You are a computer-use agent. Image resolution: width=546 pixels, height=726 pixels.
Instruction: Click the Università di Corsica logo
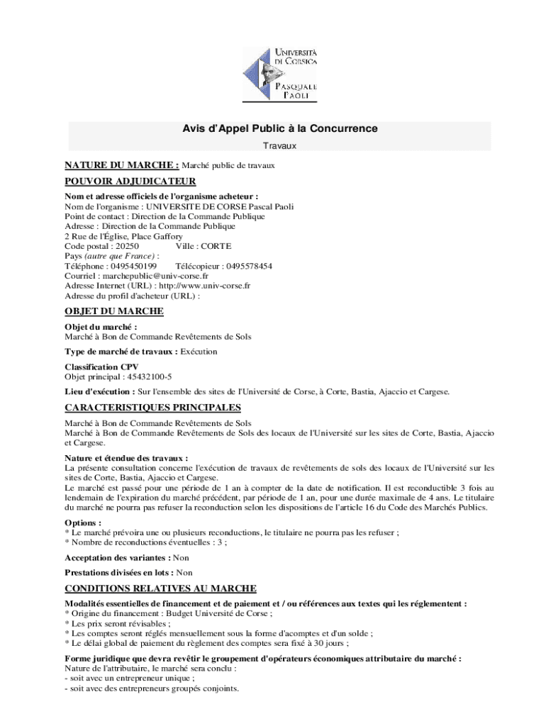click(279, 74)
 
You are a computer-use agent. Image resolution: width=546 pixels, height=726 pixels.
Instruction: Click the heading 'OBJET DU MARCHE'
click(114, 311)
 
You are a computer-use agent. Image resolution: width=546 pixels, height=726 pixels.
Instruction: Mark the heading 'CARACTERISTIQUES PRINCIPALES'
click(152, 408)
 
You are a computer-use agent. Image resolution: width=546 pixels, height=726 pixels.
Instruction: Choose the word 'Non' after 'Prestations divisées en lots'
click(184, 572)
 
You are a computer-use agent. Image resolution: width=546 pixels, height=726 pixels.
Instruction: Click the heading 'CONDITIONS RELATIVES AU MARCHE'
click(160, 588)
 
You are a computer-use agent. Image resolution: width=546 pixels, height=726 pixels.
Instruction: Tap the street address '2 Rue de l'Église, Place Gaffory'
click(123, 236)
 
